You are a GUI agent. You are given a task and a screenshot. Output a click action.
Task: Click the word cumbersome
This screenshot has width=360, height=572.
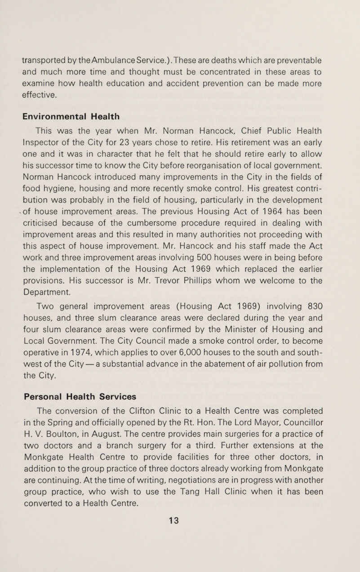click(173, 238)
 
